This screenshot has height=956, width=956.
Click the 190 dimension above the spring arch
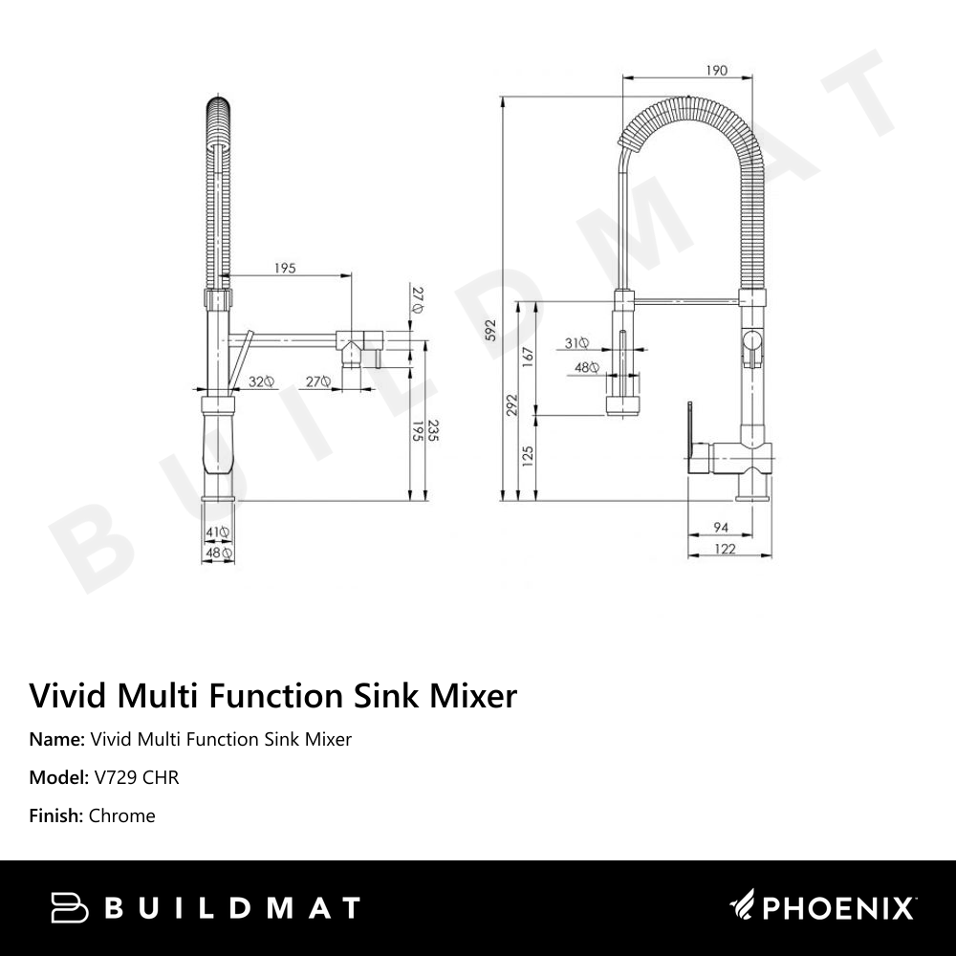717,70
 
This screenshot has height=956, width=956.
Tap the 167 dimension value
527,356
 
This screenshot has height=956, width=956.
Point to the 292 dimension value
512,404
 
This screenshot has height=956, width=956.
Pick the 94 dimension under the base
722,528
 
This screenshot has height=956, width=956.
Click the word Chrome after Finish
121,815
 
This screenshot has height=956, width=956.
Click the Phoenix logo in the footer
822,906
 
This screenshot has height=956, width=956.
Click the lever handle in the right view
689,430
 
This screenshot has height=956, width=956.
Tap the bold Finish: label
56,815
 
